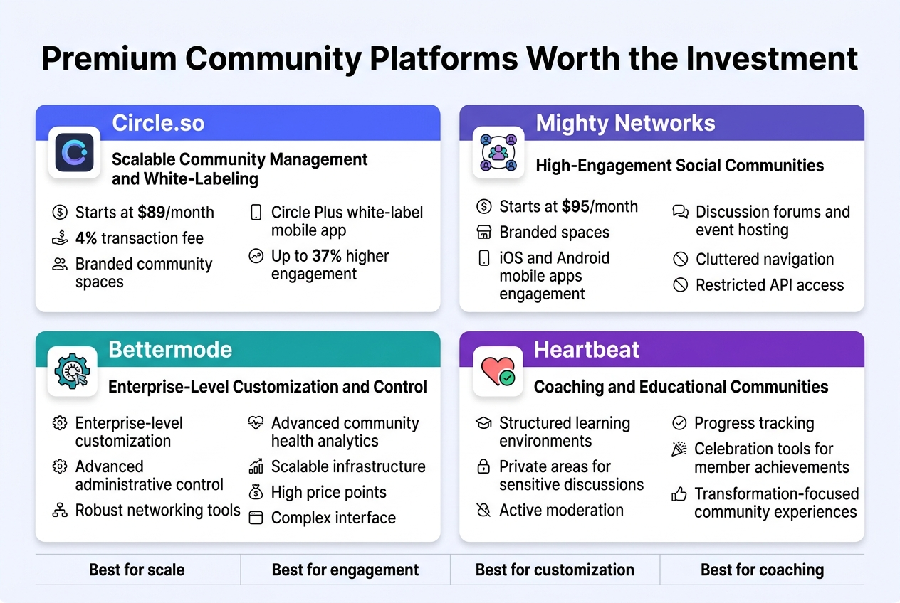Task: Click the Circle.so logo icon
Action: click(x=74, y=152)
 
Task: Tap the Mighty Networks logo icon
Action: click(x=498, y=152)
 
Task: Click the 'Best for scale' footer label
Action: click(x=137, y=570)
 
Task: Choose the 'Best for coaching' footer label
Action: click(x=762, y=570)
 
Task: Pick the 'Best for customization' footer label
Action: click(x=555, y=570)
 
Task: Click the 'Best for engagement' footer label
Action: click(x=345, y=570)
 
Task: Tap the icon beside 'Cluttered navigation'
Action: click(x=681, y=260)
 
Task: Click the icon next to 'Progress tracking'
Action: click(x=679, y=423)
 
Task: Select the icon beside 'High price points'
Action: click(x=256, y=492)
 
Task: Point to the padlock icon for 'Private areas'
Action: click(x=483, y=467)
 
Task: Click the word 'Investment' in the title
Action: click(x=772, y=58)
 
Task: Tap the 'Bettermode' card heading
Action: click(x=170, y=349)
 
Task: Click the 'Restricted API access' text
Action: click(x=769, y=285)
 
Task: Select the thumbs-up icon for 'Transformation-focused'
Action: click(x=679, y=494)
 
